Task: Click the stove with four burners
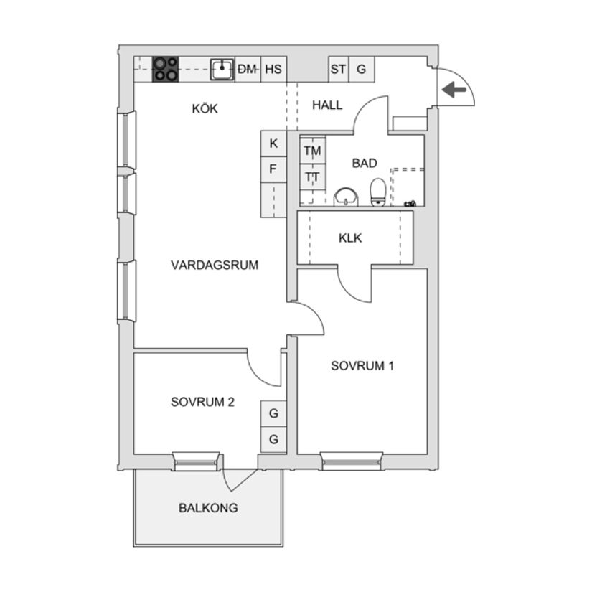166,69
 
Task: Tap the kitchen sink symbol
222,69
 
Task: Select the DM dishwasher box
248,70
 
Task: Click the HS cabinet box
273,70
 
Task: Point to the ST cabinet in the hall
338,70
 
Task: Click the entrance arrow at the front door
454,90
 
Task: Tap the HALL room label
327,105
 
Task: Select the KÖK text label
205,109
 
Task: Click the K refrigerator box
273,144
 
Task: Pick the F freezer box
273,170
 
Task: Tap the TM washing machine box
312,151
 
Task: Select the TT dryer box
312,177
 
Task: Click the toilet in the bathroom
378,192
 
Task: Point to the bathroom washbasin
347,196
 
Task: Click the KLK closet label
350,238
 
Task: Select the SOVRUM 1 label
362,365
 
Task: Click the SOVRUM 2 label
202,402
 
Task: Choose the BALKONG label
208,508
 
